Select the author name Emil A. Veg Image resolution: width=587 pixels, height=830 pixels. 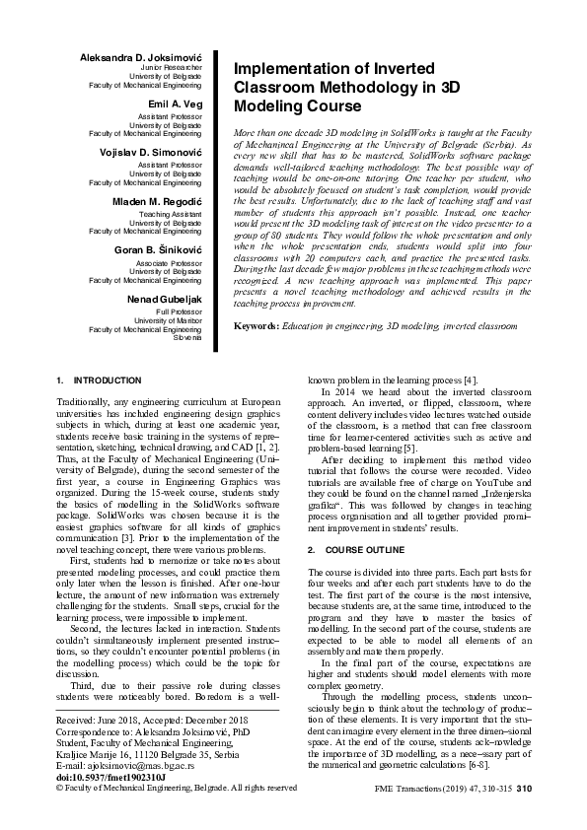(175, 103)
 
